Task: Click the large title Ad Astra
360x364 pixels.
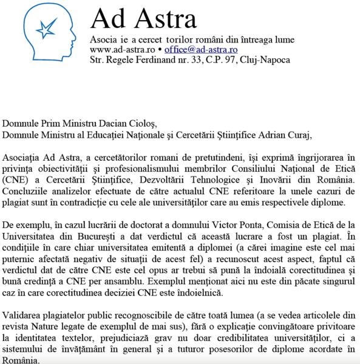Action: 143,19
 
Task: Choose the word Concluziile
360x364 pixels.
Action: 29,192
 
